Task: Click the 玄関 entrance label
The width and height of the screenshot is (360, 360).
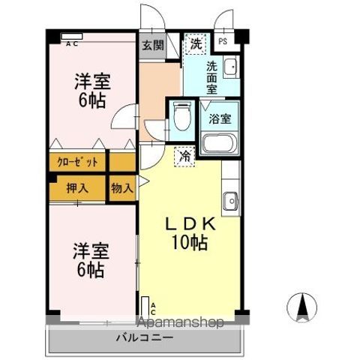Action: pyautogui.click(x=152, y=45)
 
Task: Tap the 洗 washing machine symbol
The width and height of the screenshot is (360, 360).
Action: pyautogui.click(x=195, y=43)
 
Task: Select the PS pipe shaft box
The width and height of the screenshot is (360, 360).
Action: pyautogui.click(x=223, y=42)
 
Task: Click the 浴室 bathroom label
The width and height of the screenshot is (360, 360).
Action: pyautogui.click(x=220, y=118)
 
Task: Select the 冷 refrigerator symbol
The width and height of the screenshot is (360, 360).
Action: pyautogui.click(x=184, y=156)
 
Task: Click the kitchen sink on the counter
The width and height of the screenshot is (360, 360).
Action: pyautogui.click(x=230, y=200)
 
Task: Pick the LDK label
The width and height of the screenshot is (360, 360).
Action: pyautogui.click(x=190, y=224)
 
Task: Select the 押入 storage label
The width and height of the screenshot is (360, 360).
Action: pyautogui.click(x=76, y=187)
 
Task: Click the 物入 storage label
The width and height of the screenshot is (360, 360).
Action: pyautogui.click(x=122, y=187)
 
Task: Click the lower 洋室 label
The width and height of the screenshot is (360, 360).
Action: pyautogui.click(x=89, y=250)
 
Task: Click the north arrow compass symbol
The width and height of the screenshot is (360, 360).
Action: pyautogui.click(x=304, y=306)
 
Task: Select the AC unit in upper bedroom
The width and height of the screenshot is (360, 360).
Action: pyautogui.click(x=73, y=35)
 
